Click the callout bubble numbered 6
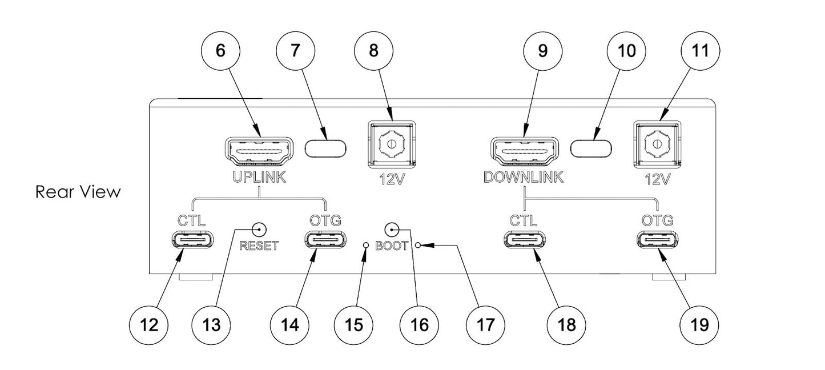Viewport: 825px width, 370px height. [x=220, y=50]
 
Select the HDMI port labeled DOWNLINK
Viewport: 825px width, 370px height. [x=525, y=151]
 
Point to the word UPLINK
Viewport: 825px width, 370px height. [x=260, y=178]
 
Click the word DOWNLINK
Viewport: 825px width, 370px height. [x=523, y=178]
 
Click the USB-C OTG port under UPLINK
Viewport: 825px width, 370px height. [x=325, y=240]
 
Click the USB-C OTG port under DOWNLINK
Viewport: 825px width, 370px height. [x=657, y=240]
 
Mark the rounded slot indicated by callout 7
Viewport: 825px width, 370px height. [x=326, y=148]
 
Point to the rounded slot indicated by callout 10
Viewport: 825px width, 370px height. [x=591, y=148]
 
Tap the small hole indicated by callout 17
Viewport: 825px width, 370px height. [x=418, y=246]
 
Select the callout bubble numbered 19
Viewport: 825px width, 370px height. [x=699, y=324]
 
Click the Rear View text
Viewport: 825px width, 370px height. [x=78, y=192]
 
